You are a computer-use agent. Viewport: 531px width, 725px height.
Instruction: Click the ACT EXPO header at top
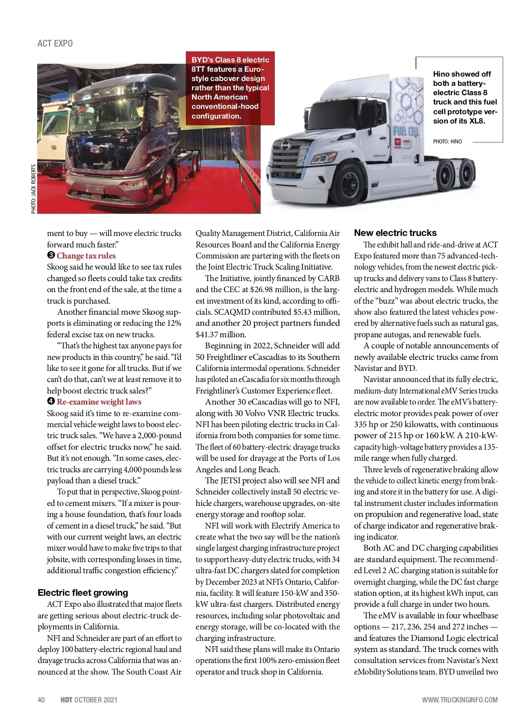click(55, 43)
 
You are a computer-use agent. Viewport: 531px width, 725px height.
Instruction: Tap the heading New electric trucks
click(395, 233)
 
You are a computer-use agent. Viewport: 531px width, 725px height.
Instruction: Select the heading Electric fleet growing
click(83, 593)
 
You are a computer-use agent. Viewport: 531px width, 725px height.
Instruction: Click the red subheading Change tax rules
click(86, 256)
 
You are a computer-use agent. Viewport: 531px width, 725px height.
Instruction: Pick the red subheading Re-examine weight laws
click(99, 402)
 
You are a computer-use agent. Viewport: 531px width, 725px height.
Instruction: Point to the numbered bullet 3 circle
click(51, 255)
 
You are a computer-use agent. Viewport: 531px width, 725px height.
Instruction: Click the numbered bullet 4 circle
click(51, 401)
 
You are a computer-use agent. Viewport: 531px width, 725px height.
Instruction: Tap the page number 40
click(41, 700)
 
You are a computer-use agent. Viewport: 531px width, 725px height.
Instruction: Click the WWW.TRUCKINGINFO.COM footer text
click(459, 700)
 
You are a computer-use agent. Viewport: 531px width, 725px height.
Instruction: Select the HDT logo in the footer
click(66, 700)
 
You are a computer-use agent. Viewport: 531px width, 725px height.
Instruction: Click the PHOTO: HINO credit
click(447, 142)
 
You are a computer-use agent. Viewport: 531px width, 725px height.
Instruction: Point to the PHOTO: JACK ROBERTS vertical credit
click(34, 189)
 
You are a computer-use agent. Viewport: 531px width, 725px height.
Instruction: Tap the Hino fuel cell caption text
click(465, 97)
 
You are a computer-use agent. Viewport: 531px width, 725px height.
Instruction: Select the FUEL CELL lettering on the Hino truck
click(406, 131)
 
